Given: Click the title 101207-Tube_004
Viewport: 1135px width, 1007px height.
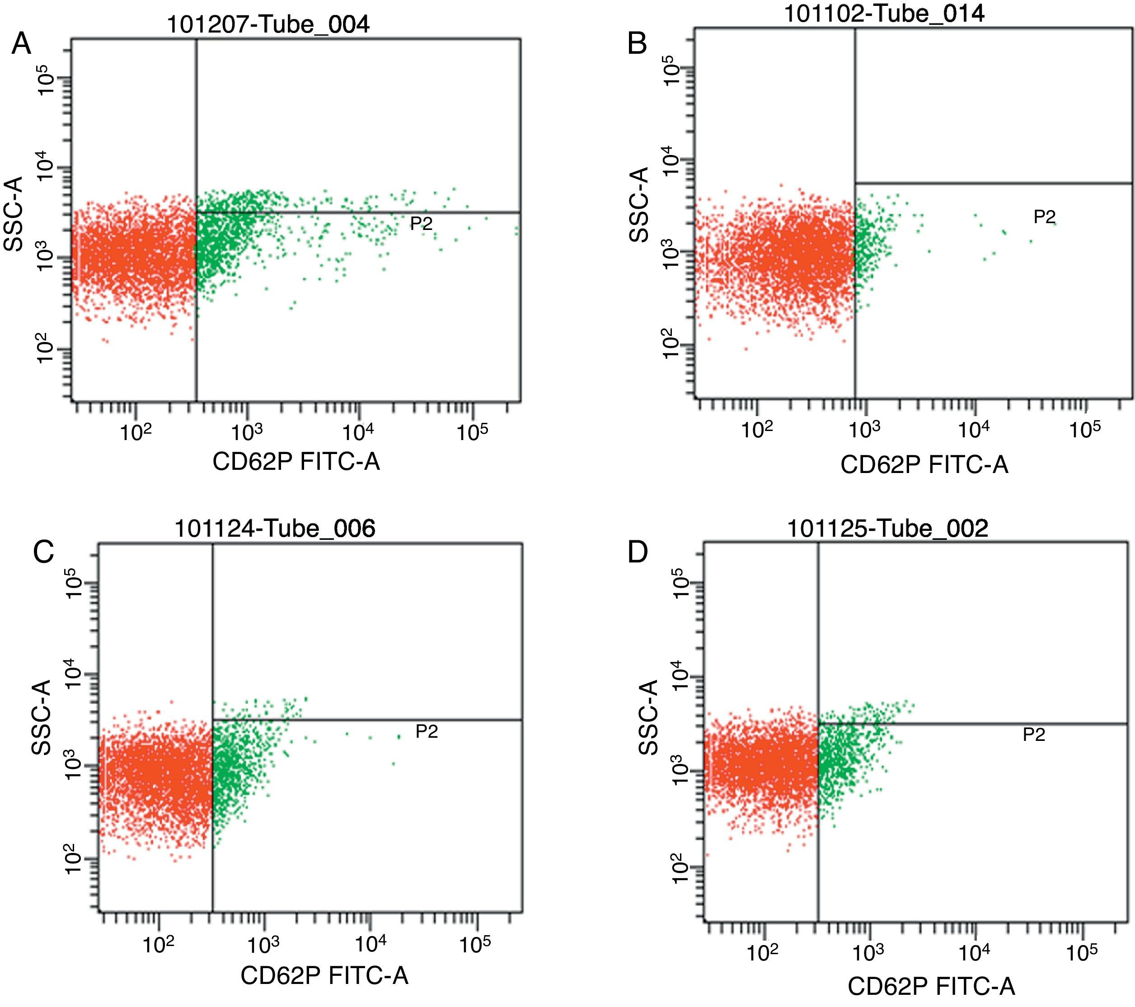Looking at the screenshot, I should click(268, 24).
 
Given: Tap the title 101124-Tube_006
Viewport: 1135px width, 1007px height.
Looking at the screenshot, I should click(275, 528).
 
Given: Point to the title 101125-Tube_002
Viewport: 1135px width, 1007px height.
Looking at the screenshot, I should click(888, 528).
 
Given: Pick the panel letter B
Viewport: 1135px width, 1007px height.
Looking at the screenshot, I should click(637, 43).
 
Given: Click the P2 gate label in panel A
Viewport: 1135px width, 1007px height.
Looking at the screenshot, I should click(421, 224).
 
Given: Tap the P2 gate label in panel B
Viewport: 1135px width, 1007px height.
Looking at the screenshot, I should click(1044, 217).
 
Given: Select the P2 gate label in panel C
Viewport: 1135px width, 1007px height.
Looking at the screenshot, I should click(427, 732).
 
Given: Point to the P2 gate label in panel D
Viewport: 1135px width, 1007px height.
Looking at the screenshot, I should click(1034, 735).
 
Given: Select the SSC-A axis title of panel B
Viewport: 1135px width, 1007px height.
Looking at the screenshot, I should click(640, 204).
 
